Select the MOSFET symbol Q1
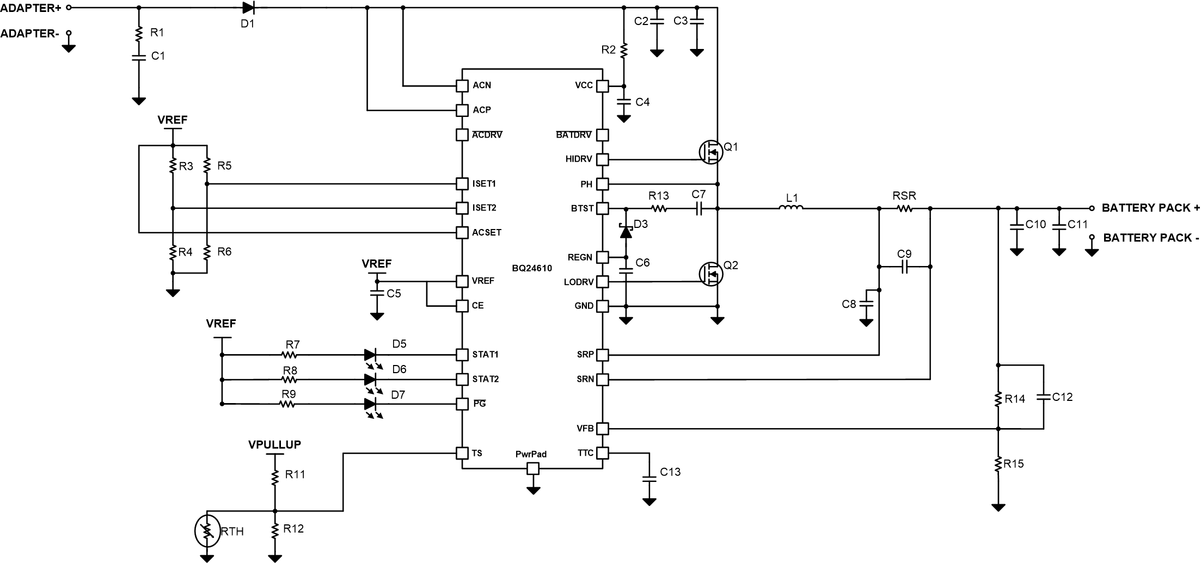[710, 152]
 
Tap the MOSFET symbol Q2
[710, 274]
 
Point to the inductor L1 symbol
[791, 208]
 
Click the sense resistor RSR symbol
[904, 208]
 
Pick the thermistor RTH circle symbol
[207, 531]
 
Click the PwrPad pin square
[533, 468]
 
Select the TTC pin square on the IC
[602, 453]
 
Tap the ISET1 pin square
[462, 184]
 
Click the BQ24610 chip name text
[531, 268]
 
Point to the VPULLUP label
[274, 444]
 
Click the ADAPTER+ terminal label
[30, 8]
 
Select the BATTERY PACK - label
[1151, 238]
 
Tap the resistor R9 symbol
[287, 404]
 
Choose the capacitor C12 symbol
[1043, 397]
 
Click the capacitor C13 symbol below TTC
[649, 479]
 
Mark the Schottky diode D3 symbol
[626, 232]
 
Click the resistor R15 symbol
[998, 464]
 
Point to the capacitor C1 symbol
[139, 56]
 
